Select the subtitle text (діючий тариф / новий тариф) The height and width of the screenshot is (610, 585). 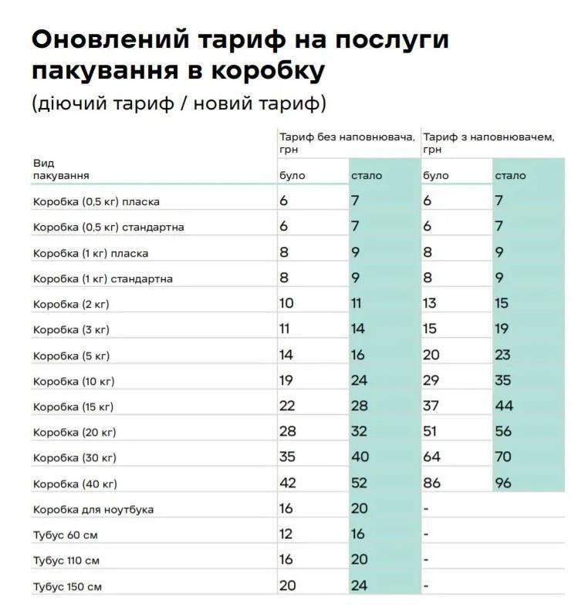pos(179,103)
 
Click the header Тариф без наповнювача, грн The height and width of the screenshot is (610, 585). pos(347,143)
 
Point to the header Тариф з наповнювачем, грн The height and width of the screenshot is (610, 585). pos(489,143)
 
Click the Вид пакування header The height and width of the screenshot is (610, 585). pos(61,170)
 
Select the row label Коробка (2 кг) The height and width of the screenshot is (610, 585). pos(71,304)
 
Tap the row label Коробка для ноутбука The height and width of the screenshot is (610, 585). pos(93,510)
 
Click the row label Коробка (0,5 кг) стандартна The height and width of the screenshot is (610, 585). pos(108,227)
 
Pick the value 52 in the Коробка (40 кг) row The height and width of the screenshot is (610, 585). pos(359,483)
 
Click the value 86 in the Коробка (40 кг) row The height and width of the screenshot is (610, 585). pos(431,483)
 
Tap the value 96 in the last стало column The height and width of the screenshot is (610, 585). pos(503,483)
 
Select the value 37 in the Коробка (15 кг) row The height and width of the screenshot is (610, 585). pos(431,406)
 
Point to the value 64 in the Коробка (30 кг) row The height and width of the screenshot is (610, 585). pos(431,457)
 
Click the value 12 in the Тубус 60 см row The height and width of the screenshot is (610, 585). pos(286,534)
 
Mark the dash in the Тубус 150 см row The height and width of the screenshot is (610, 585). pos(425,586)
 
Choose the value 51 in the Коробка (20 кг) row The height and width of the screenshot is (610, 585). pos(430,432)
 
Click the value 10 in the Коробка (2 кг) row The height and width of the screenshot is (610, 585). pos(286,303)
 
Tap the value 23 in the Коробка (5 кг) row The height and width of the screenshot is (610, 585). pos(503,355)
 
